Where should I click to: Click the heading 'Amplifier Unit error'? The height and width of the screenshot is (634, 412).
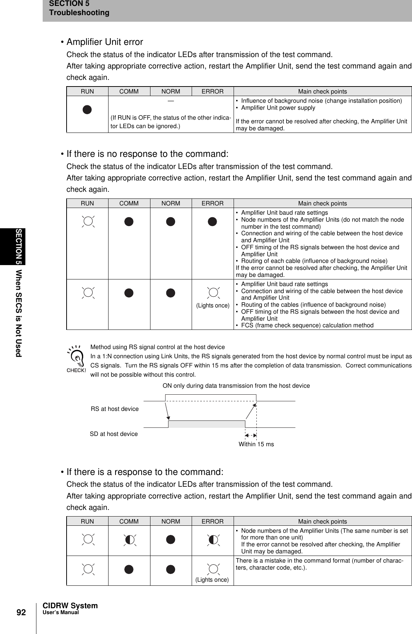point(104,42)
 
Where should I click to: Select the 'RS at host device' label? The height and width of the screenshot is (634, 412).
point(115,409)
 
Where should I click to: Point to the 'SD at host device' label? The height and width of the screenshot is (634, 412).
point(114,434)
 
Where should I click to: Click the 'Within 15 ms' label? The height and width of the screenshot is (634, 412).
point(256,444)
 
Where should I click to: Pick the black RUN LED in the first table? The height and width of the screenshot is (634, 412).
point(87,109)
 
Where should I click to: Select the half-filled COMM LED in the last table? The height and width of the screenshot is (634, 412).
point(129,539)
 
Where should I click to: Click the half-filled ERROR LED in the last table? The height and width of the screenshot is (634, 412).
point(213,539)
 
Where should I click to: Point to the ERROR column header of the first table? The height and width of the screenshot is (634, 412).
point(213,91)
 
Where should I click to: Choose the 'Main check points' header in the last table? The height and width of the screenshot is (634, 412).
point(322,521)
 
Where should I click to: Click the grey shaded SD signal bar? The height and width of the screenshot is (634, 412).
point(207,424)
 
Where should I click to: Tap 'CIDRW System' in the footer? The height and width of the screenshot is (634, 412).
point(70,606)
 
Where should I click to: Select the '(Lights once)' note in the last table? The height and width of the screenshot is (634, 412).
point(212,580)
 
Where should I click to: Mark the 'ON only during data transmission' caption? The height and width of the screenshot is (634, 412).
point(236,385)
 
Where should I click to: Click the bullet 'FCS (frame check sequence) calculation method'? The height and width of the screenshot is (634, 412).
point(307,325)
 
